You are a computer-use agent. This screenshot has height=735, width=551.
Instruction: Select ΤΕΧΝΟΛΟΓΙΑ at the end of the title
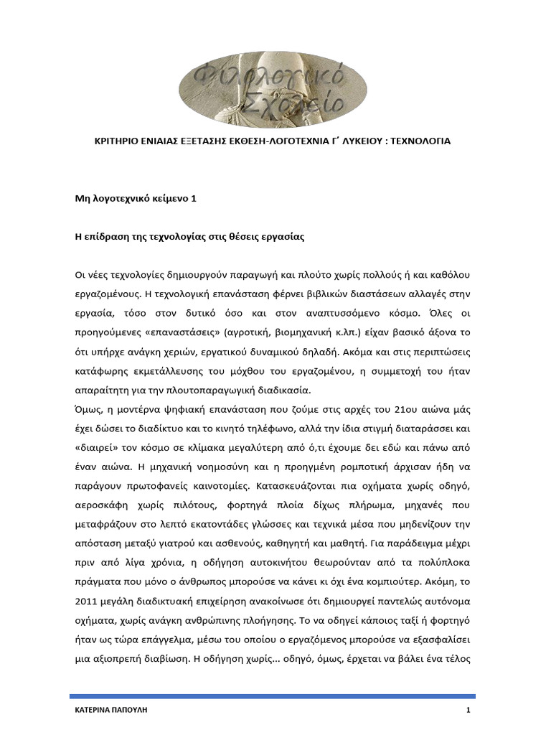pyautogui.click(x=420, y=141)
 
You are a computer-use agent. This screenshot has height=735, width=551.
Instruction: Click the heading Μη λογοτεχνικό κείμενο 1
pyautogui.click(x=136, y=200)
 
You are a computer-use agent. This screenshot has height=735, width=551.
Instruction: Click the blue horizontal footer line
pyautogui.click(x=273, y=696)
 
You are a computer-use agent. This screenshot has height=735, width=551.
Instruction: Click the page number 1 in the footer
pyautogui.click(x=467, y=711)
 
